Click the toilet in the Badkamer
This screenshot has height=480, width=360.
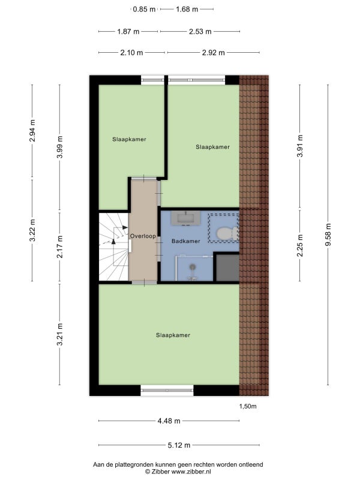227,233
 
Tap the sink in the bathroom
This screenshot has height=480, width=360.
186,218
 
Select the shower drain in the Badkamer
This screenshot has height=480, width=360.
192,267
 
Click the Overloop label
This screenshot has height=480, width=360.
143,236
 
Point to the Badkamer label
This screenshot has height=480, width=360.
186,241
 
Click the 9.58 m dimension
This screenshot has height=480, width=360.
328,235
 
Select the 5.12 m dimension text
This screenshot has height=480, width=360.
179,445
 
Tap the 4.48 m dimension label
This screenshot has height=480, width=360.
169,421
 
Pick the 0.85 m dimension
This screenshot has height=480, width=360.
144,9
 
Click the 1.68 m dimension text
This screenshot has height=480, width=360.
187,9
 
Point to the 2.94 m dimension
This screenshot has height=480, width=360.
32,130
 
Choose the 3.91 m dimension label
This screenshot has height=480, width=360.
300,146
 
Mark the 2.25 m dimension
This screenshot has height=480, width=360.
300,245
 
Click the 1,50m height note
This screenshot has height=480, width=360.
248,406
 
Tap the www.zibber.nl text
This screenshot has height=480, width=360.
191,472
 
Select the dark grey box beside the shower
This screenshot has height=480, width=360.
227,267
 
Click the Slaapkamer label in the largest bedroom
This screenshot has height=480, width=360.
173,335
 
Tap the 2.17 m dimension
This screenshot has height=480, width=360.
59,247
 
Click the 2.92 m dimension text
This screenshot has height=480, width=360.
214,53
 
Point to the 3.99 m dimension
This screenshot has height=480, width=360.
59,147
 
